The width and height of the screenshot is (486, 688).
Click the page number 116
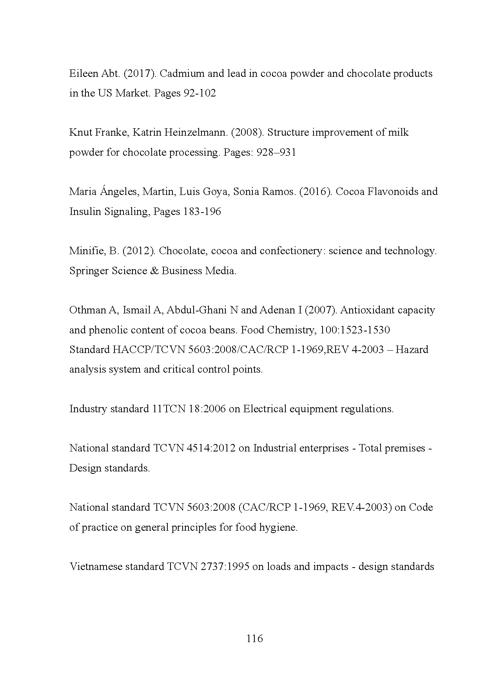pos(254,639)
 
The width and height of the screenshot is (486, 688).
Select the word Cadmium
pos(181,74)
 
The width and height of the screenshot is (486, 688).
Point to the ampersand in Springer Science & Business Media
pos(154,271)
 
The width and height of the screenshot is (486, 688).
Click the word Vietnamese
pos(96,567)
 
